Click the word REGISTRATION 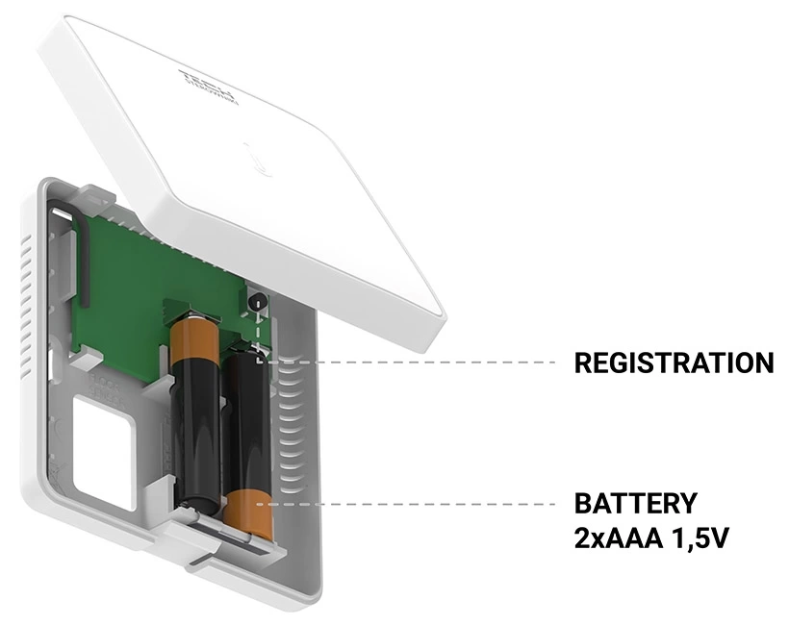point(674,363)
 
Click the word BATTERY point(634,504)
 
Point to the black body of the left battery point(197,423)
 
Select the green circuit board point(135,279)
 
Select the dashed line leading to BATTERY point(414,503)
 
